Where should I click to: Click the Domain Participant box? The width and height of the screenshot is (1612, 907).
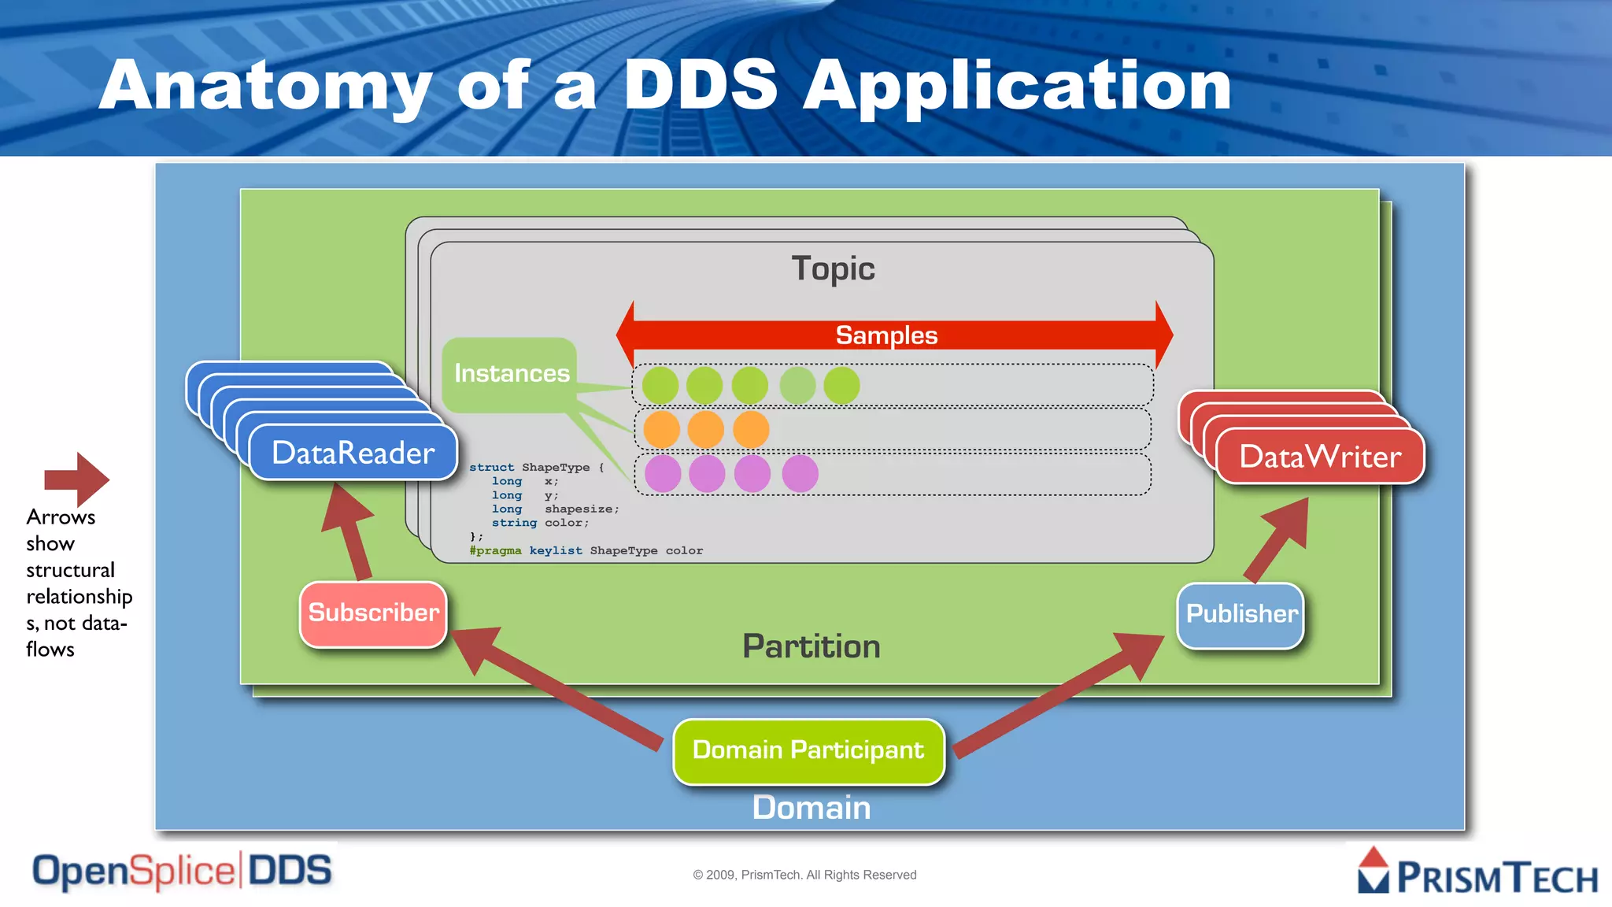click(x=808, y=751)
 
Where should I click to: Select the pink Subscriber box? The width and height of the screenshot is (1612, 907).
click(x=373, y=614)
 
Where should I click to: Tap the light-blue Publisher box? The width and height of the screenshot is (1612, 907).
click(x=1240, y=615)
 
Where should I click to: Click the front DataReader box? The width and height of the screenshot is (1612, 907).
click(x=353, y=453)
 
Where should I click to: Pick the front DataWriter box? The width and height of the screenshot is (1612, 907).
click(x=1320, y=457)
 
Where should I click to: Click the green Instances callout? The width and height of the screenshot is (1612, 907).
click(x=511, y=374)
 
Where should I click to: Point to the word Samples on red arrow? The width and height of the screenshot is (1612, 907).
click(x=886, y=335)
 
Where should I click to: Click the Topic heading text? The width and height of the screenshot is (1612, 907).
click(x=833, y=269)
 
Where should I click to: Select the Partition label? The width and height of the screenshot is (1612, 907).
click(x=812, y=647)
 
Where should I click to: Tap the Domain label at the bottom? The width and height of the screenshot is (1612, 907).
click(x=812, y=809)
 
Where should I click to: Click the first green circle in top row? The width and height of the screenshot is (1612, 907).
click(x=660, y=386)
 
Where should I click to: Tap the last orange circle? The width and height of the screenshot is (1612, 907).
click(x=751, y=430)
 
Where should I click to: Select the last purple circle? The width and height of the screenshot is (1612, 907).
click(x=800, y=474)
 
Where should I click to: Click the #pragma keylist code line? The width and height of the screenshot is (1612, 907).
click(x=586, y=551)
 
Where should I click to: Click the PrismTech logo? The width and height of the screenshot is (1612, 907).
click(x=1478, y=872)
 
